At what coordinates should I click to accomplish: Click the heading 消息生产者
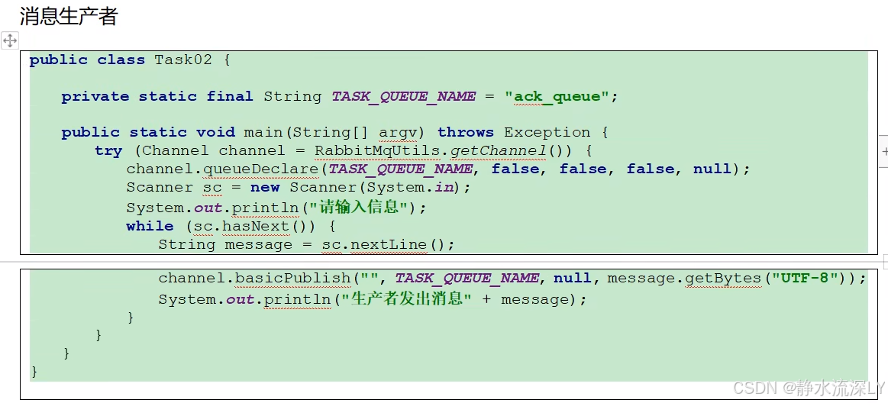(69, 16)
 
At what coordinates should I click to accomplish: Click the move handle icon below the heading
(10, 40)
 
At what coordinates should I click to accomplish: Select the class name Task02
(182, 60)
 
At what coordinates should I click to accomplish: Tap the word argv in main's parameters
(398, 132)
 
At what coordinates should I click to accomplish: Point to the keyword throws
(465, 132)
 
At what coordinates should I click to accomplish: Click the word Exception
(547, 132)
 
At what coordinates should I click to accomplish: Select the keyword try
(108, 150)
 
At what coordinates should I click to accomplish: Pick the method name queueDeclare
(273, 169)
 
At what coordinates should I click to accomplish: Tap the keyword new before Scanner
(265, 187)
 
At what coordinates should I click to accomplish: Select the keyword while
(150, 226)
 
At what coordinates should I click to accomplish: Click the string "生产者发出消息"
(406, 298)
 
